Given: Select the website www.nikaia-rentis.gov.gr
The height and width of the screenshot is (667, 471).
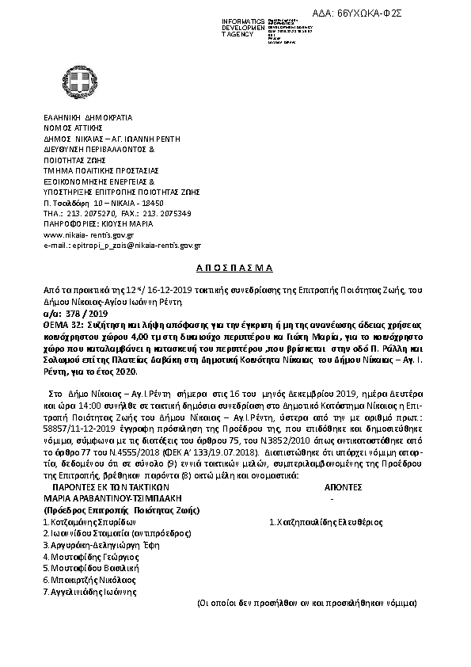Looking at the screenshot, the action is [x=88, y=235].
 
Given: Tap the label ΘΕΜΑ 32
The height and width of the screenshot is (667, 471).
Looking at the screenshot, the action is [x=65, y=325].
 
